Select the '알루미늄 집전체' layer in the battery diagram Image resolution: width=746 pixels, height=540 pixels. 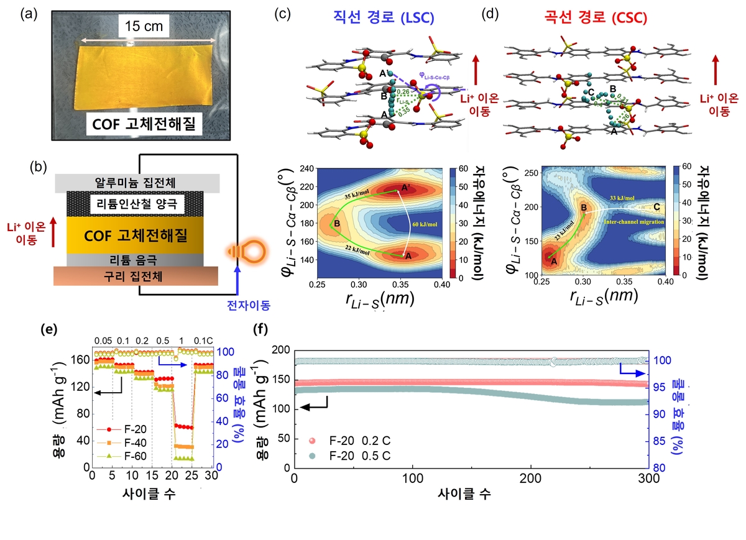(x=136, y=183)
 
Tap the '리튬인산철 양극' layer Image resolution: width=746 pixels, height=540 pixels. (x=136, y=203)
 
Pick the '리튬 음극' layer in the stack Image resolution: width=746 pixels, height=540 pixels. (x=136, y=259)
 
